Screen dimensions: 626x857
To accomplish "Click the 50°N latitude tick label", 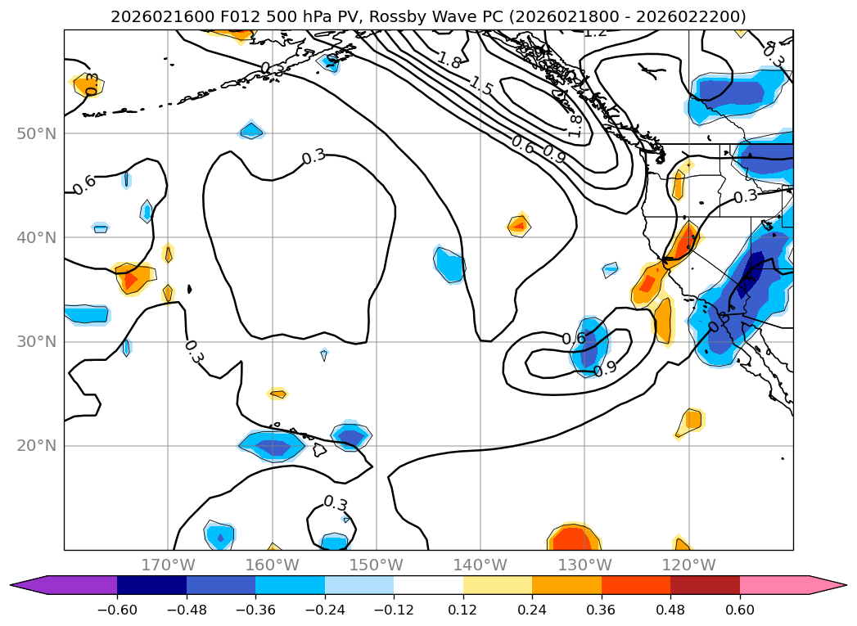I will click(x=38, y=133).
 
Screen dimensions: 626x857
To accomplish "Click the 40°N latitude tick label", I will click(x=38, y=238).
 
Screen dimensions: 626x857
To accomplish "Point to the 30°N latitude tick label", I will click(x=38, y=342).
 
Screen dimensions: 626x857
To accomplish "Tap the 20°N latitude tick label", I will click(x=38, y=446).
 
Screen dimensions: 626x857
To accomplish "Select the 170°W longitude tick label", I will click(x=168, y=565).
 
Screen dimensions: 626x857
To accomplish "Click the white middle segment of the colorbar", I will click(x=428, y=584).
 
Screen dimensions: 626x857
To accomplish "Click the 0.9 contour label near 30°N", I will click(x=605, y=369).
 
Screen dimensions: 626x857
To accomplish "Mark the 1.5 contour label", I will click(x=481, y=86).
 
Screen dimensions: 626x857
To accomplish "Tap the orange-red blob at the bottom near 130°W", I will click(x=575, y=538).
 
